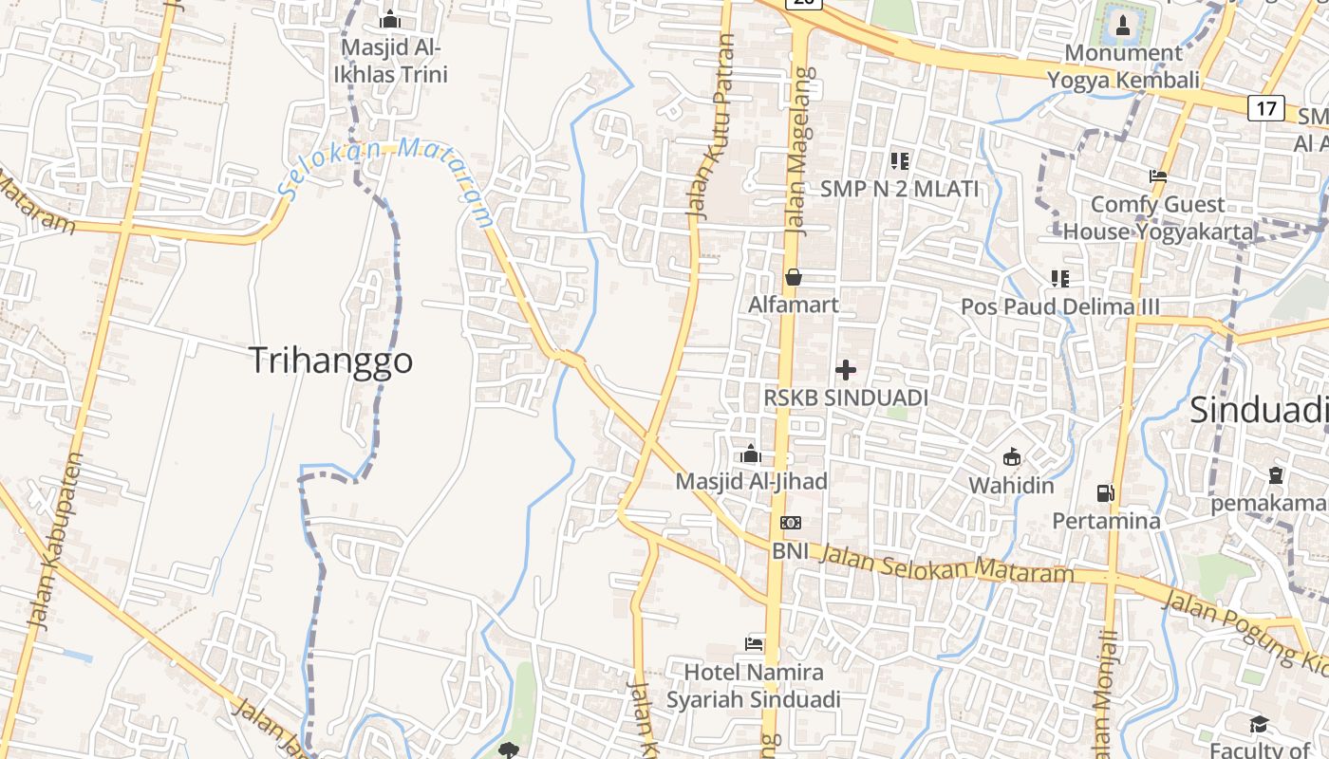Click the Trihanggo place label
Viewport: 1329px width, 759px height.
coord(330,361)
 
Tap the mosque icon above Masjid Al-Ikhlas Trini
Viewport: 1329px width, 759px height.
coord(390,19)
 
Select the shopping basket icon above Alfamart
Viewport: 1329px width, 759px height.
coord(794,277)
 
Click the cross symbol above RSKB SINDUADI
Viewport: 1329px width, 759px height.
coord(846,370)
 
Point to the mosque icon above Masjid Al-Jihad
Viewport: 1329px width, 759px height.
coord(751,454)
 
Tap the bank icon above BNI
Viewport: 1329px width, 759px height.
coord(790,523)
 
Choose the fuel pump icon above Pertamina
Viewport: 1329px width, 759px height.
coord(1105,492)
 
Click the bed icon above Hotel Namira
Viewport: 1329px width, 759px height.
coord(754,644)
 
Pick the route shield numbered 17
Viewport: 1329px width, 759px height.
coord(1266,108)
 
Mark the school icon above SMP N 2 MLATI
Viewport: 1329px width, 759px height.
coord(900,160)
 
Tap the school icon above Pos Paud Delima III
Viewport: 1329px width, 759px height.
coord(1060,278)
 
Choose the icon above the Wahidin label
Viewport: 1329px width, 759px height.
coord(1012,457)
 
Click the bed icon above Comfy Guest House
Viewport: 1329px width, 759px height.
coord(1158,176)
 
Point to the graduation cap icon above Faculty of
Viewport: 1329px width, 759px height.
coord(1259,725)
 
